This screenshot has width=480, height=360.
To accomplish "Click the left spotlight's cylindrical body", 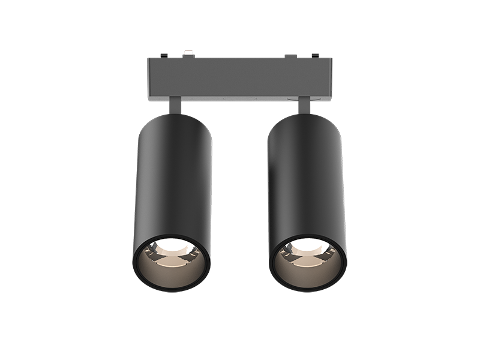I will (172, 180).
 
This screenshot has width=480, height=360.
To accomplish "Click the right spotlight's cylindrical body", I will (307, 180).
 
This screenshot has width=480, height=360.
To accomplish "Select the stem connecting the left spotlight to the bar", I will (174, 106).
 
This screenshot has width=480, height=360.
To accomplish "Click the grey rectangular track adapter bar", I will (240, 78).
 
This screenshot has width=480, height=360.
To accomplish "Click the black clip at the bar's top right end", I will (314, 56).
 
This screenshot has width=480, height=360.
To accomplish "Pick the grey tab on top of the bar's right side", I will (291, 56).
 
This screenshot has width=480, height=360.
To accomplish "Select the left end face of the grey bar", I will (149, 78).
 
